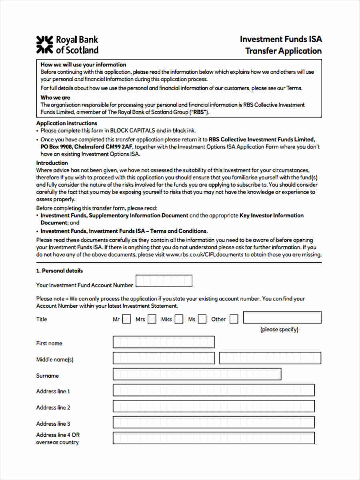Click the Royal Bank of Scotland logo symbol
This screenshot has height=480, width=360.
point(44,44)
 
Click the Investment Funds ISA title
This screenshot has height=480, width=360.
point(281,39)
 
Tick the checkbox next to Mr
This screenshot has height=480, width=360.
point(126,319)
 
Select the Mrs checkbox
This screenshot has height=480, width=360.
point(152,319)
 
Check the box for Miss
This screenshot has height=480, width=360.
point(179,319)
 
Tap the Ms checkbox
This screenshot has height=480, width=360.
point(202,319)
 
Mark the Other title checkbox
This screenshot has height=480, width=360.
point(234,319)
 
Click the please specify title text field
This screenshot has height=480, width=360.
point(282,318)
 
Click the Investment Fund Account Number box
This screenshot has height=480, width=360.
point(164,281)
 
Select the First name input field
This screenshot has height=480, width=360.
point(164,342)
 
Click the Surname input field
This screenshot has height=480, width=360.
point(197,374)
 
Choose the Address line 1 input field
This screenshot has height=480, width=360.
point(214,390)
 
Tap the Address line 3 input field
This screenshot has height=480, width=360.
point(214,422)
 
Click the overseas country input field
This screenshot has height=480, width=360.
point(214,438)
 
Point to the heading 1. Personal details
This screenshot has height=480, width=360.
point(60,271)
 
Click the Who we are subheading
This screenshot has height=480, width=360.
point(55,98)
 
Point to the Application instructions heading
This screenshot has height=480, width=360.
point(66,123)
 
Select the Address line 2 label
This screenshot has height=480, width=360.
point(53,408)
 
